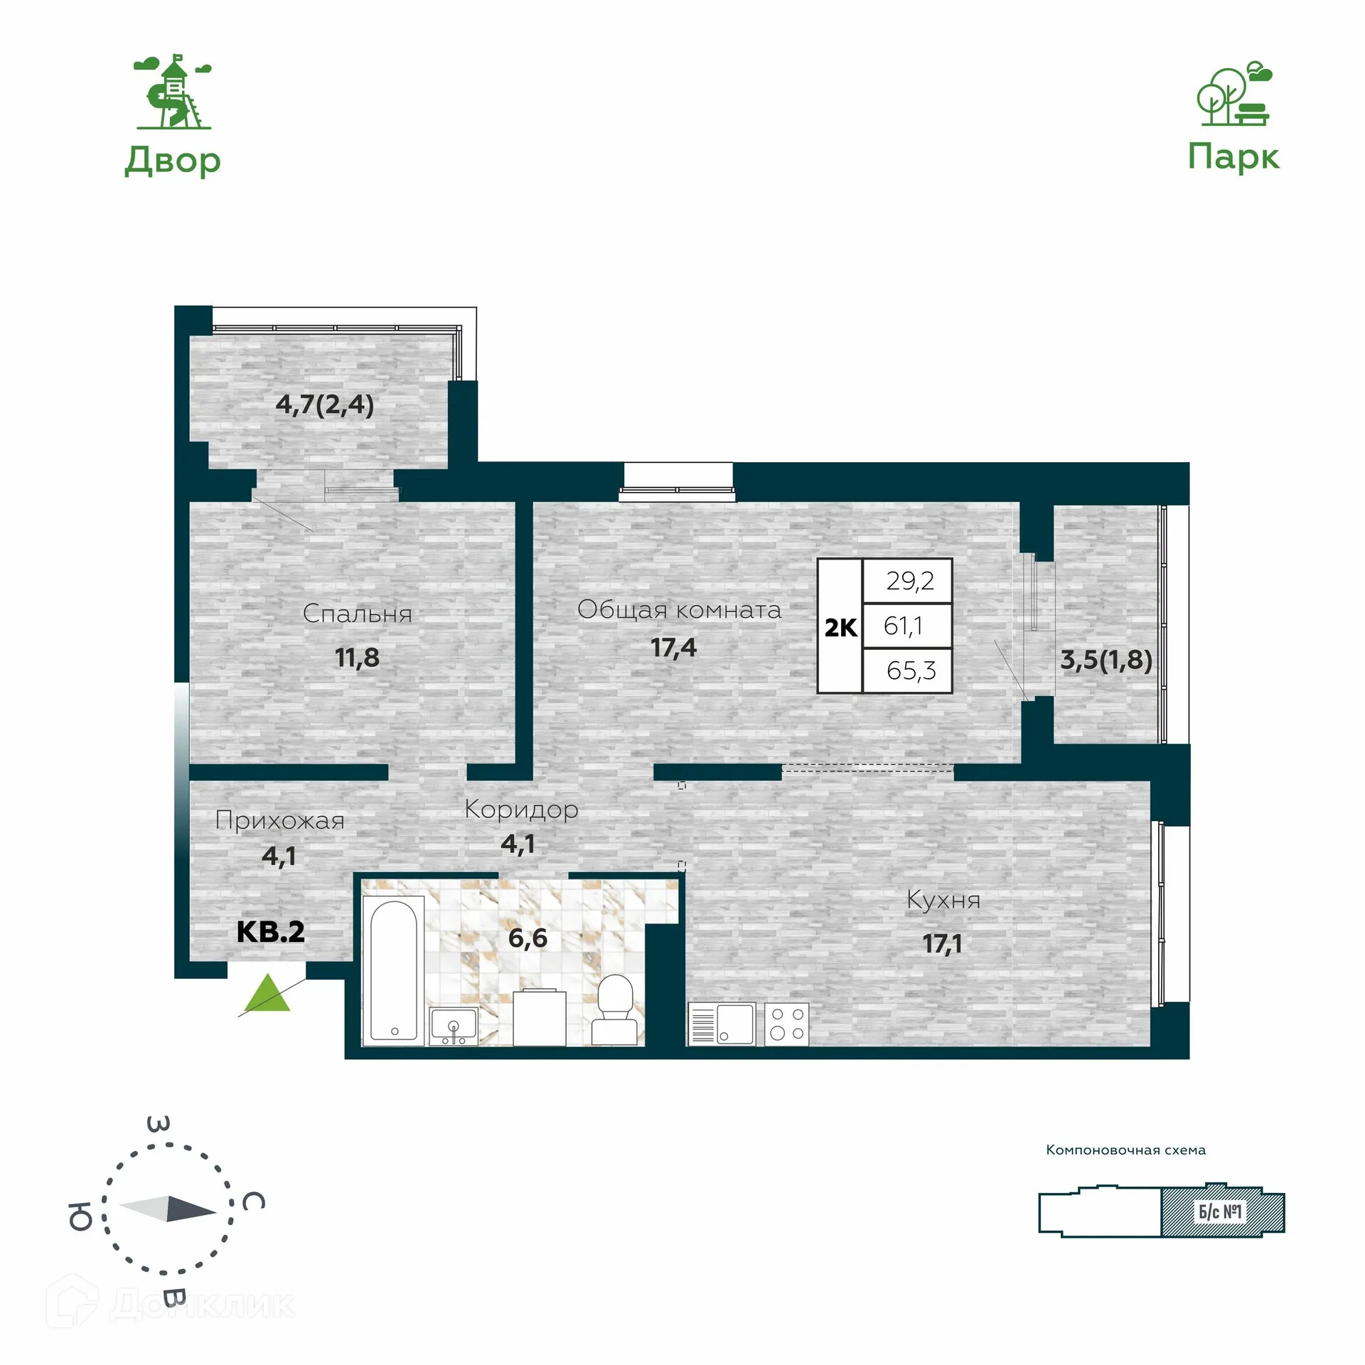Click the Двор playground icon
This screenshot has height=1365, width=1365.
(173, 92)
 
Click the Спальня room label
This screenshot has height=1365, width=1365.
(357, 614)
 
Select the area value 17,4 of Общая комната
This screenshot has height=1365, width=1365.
(673, 648)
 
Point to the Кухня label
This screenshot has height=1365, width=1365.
(943, 901)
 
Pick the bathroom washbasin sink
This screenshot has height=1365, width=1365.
(454, 1027)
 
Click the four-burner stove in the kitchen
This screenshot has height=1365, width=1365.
(787, 1024)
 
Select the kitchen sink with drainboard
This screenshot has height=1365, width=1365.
(721, 1024)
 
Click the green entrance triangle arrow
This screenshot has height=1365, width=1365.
(267, 995)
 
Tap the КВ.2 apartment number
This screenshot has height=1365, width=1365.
(270, 931)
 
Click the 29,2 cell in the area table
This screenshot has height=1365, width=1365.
(909, 582)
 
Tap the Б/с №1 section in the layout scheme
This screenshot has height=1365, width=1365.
(1221, 1211)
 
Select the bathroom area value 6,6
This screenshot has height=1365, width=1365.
(528, 938)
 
